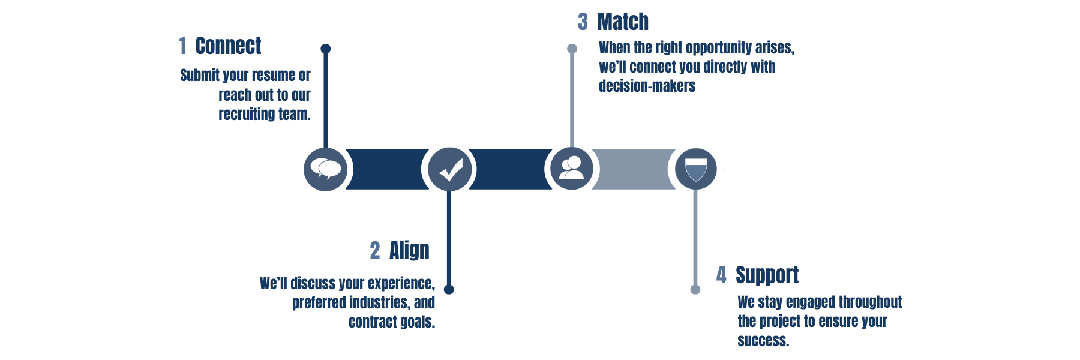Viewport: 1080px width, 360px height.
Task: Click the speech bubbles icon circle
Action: (x=326, y=169)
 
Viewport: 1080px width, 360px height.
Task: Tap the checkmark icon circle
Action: (x=450, y=169)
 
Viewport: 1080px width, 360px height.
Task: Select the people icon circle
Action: (x=572, y=168)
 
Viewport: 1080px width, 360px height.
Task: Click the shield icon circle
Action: (x=696, y=169)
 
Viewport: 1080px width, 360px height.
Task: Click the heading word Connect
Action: (x=228, y=46)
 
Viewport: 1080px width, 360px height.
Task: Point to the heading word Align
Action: (x=409, y=250)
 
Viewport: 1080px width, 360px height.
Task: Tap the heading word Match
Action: (x=623, y=22)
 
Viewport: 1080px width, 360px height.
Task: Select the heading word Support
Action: (x=767, y=275)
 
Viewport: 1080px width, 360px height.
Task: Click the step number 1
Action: (x=182, y=46)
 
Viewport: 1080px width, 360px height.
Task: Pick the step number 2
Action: (x=375, y=250)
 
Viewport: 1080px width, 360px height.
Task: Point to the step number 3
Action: (x=583, y=22)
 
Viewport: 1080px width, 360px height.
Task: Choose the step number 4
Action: (x=721, y=275)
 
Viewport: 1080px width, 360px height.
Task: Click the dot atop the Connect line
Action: (x=326, y=49)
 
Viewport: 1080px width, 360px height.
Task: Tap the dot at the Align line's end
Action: (x=449, y=290)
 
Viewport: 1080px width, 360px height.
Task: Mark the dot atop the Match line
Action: (x=572, y=49)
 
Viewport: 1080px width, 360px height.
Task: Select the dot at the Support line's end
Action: (x=695, y=290)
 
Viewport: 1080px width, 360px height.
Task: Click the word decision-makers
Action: (x=647, y=86)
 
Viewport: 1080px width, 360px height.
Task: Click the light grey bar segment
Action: (x=633, y=169)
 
